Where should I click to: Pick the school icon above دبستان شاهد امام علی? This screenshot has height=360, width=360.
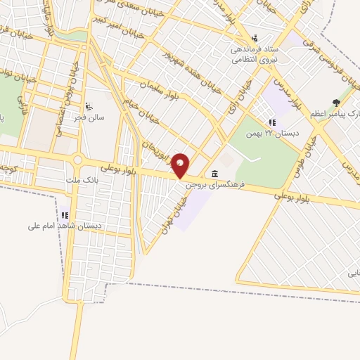[x=65, y=215]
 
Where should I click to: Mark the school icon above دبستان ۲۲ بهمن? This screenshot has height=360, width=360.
[x=272, y=122]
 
